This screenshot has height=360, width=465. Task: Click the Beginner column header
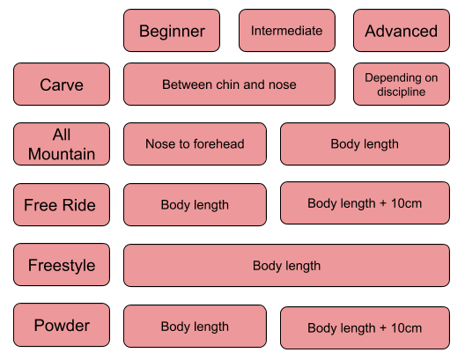click(172, 31)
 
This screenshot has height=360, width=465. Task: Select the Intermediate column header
click(287, 31)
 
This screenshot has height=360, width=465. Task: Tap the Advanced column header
click(402, 31)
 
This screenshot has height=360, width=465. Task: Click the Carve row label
click(62, 84)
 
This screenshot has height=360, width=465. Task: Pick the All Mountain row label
click(62, 144)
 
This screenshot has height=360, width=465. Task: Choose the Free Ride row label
click(62, 205)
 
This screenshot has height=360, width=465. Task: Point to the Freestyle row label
click(62, 265)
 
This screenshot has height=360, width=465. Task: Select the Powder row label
click(62, 325)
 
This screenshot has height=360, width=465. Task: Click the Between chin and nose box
click(229, 84)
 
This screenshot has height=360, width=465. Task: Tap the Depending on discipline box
click(402, 84)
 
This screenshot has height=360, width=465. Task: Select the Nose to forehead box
click(195, 144)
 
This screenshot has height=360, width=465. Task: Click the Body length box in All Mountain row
click(365, 144)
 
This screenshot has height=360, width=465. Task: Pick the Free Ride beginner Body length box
click(195, 205)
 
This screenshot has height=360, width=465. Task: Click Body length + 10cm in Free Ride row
click(365, 203)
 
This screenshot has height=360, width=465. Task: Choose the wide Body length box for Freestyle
click(286, 266)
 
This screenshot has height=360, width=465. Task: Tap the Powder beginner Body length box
click(195, 327)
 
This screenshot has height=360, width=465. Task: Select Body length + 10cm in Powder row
click(365, 328)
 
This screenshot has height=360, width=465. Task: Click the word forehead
click(219, 144)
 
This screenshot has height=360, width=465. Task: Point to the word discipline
click(402, 92)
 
